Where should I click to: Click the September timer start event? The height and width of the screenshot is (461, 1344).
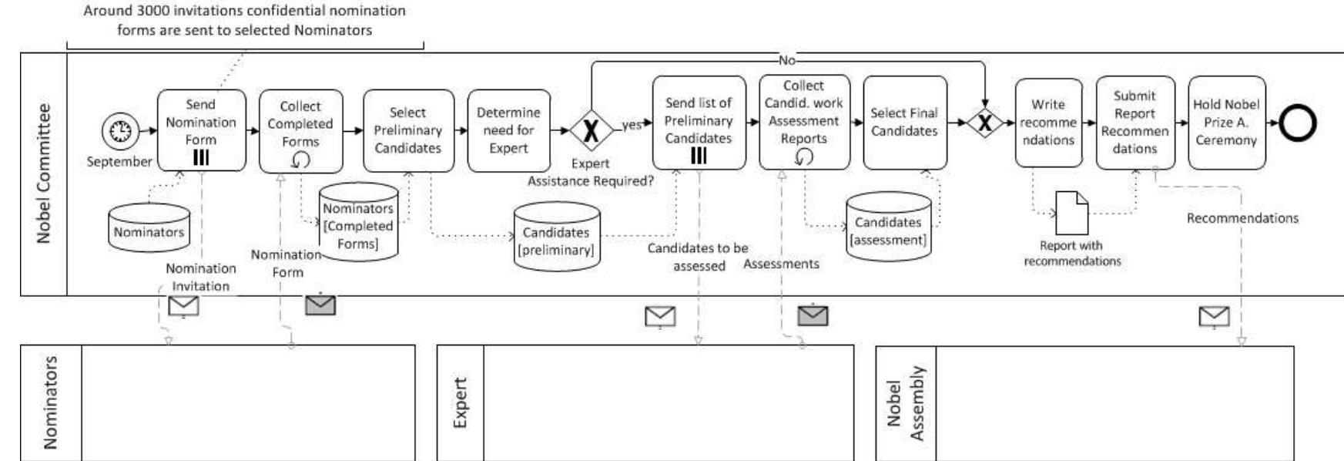pyautogui.click(x=119, y=131)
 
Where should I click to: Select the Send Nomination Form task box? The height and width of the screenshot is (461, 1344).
pyautogui.click(x=201, y=130)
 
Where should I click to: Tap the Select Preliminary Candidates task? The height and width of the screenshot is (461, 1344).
pyautogui.click(x=407, y=130)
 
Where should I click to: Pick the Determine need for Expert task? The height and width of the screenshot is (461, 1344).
pyautogui.click(x=508, y=130)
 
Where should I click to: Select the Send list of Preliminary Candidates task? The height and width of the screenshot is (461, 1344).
pyautogui.click(x=699, y=123)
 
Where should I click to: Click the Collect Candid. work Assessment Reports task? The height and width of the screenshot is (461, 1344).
pyautogui.click(x=803, y=122)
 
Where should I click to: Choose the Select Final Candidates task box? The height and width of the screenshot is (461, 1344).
pyautogui.click(x=904, y=123)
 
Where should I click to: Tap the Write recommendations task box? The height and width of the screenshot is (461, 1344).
pyautogui.click(x=1047, y=123)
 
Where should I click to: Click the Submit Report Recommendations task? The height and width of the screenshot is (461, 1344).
pyautogui.click(x=1135, y=123)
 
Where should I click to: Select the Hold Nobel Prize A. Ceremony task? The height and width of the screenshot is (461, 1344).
pyautogui.click(x=1226, y=123)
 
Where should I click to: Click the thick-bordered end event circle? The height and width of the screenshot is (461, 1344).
pyautogui.click(x=1299, y=123)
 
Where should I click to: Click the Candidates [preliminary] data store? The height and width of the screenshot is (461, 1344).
pyautogui.click(x=556, y=237)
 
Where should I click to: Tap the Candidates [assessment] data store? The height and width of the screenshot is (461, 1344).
pyautogui.click(x=888, y=227)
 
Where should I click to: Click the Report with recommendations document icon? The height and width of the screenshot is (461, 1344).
pyautogui.click(x=1071, y=213)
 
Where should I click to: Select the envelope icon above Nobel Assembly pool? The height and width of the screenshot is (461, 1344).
pyautogui.click(x=1214, y=316)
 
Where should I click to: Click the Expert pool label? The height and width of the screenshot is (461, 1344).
pyautogui.click(x=460, y=402)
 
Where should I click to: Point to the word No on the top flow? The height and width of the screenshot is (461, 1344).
pyautogui.click(x=786, y=60)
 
